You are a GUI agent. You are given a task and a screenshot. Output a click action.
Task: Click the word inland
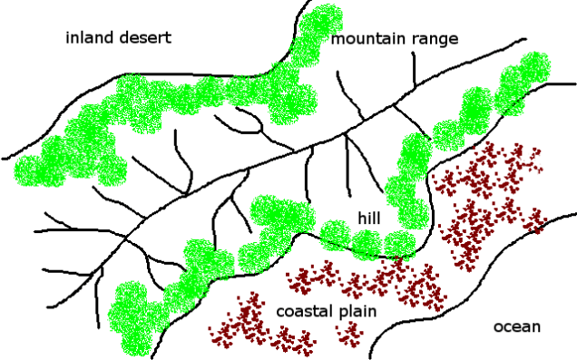click(89, 38)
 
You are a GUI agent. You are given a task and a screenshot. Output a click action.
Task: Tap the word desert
click(143, 38)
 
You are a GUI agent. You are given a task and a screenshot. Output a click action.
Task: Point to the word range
click(434, 40)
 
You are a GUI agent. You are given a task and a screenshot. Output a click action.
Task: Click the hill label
click(368, 219)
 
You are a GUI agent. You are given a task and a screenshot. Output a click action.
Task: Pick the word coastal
click(303, 312)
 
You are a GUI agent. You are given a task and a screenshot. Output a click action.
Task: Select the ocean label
click(516, 326)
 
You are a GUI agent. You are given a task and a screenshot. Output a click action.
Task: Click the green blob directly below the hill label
click(367, 243)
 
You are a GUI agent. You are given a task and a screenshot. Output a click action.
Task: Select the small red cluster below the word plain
click(349, 336)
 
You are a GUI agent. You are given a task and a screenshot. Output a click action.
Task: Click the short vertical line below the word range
click(415, 69)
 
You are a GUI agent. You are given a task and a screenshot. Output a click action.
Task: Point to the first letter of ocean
click(498, 327)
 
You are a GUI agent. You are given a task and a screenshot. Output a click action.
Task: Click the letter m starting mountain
click(337, 40)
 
